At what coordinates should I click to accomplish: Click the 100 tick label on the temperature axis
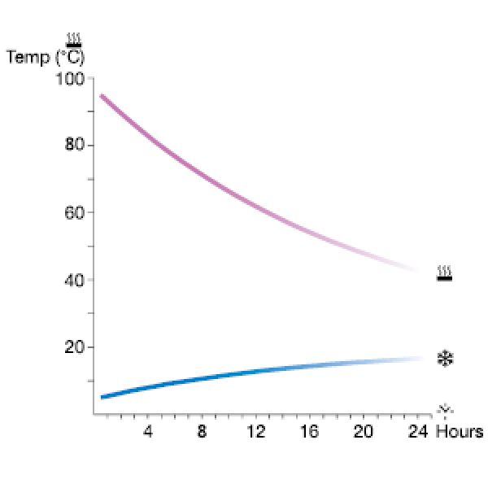tap(71, 80)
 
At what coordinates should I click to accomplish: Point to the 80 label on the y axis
tap(74, 146)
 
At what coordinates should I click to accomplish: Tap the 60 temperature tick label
tap(74, 213)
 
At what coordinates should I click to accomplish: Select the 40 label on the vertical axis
tap(74, 281)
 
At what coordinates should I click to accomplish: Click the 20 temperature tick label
tap(74, 347)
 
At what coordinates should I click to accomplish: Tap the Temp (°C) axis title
tap(45, 58)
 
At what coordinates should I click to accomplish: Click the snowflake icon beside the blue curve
tap(445, 358)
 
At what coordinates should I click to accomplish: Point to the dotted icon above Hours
tap(445, 409)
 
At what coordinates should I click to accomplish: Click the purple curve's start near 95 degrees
tap(102, 96)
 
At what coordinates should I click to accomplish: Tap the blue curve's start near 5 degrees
tap(102, 397)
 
